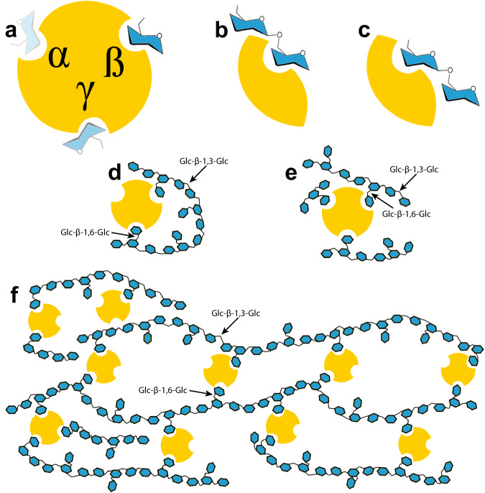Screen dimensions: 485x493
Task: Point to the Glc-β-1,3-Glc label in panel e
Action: [413, 170]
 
